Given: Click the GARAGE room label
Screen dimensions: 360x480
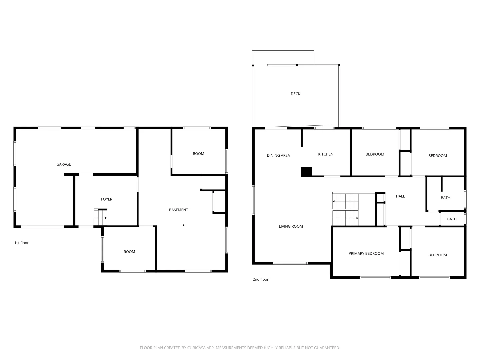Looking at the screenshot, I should point(63,164).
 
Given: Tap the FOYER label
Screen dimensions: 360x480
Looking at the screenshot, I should point(107,199).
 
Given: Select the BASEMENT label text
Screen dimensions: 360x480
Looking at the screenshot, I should point(178,210).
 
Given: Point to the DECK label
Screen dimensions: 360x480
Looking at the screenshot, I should point(295,94).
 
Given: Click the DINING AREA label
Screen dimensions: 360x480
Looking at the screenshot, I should point(278,155).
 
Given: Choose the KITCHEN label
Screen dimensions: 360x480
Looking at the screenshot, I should point(326,154).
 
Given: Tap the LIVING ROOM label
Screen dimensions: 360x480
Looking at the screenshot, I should point(291,226).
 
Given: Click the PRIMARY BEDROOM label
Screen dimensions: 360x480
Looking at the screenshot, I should point(366,254).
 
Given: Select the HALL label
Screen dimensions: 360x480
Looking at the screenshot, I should point(400,196).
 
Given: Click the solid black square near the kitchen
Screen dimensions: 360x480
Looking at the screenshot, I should point(306,172).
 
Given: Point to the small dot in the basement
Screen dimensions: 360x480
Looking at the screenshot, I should point(184,225).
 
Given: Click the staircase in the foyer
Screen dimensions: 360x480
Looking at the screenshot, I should point(100,217).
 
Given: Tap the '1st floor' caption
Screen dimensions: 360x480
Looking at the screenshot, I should point(21,243).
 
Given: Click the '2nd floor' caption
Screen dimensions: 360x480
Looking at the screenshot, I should point(260,279).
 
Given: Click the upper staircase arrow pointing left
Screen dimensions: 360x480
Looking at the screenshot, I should point(334,201).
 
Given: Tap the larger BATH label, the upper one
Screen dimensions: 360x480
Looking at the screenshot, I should point(445,198).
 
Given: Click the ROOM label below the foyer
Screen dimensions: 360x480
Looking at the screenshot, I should point(129,252).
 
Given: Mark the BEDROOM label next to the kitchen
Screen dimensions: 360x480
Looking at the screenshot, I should point(375,154).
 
